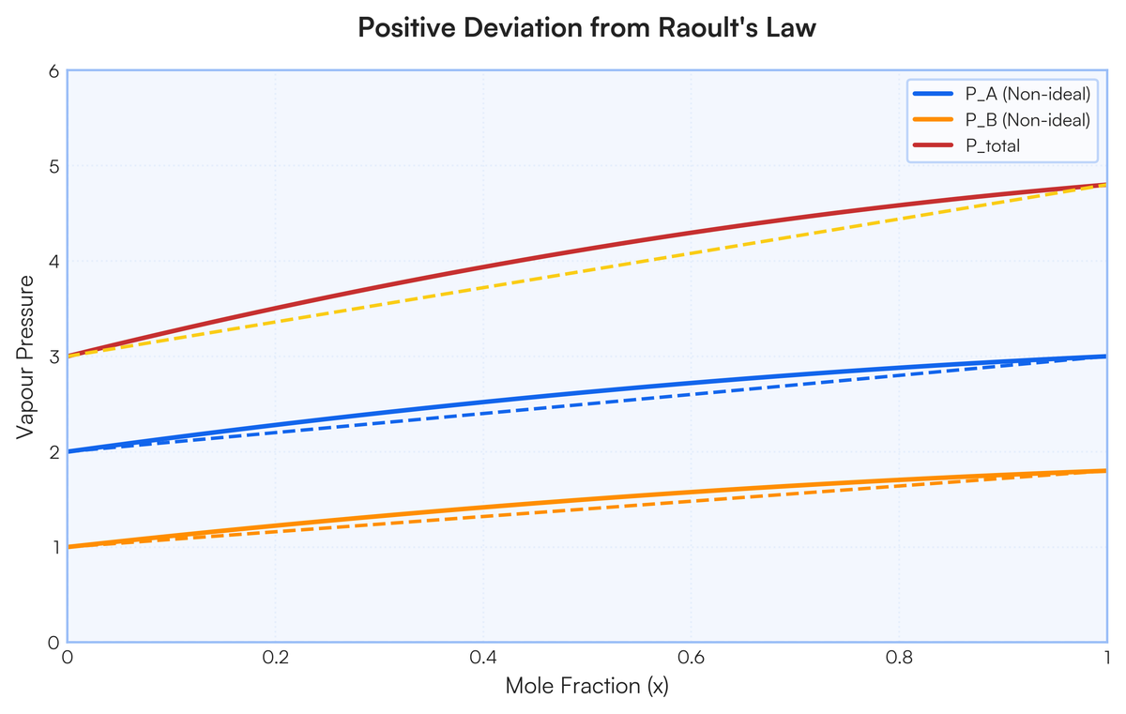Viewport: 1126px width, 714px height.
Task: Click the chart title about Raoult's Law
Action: (x=587, y=28)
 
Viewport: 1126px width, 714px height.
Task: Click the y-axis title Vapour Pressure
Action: (x=27, y=357)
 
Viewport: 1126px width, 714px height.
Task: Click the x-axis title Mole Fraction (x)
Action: (x=587, y=686)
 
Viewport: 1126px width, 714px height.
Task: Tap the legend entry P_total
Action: (x=993, y=145)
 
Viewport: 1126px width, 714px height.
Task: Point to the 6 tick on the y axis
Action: (x=53, y=71)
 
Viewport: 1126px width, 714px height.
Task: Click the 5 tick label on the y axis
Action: (x=53, y=167)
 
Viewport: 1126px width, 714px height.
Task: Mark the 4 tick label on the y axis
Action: (x=53, y=262)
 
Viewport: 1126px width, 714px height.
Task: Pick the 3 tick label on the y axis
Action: (x=53, y=357)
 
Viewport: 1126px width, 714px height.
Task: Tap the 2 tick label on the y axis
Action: (x=53, y=452)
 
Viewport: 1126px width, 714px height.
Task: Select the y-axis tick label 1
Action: (x=53, y=547)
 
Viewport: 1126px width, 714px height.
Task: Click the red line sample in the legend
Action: (x=935, y=145)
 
